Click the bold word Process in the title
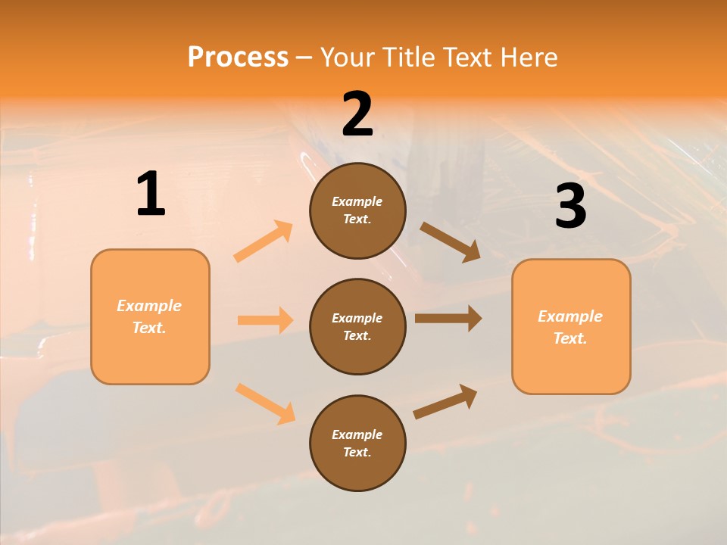pos(238,58)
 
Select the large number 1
pos(151,195)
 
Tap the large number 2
pos(357,114)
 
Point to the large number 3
pos(571,207)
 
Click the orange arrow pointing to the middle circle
pos(265,320)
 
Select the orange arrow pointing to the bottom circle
pos(265,403)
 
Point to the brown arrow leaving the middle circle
pos(448,319)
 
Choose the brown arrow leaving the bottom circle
pos(445,401)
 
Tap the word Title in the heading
pos(408,58)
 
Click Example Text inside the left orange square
pos(149,316)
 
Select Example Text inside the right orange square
pos(570,327)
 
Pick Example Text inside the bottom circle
pos(357,443)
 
